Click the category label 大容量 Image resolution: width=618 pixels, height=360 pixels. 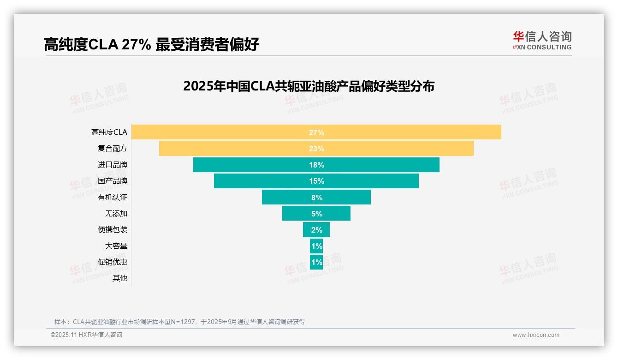pyautogui.click(x=116, y=246)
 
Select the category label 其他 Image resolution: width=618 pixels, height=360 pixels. pyautogui.click(x=119, y=278)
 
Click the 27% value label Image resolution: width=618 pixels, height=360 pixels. pyautogui.click(x=316, y=132)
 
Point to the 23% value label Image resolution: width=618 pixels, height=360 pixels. pyautogui.click(x=316, y=149)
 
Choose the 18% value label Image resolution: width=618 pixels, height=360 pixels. pyautogui.click(x=316, y=165)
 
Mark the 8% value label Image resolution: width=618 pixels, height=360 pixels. pyautogui.click(x=316, y=198)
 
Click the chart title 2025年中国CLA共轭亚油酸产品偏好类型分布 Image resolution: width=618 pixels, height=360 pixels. pyautogui.click(x=309, y=86)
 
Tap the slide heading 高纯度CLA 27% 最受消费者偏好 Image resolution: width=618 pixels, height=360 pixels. pyautogui.click(x=151, y=44)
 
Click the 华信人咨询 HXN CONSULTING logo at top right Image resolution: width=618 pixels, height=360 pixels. pyautogui.click(x=542, y=41)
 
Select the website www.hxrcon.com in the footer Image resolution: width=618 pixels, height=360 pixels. pyautogui.click(x=535, y=335)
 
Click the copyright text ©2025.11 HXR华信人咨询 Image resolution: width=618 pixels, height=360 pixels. pyautogui.click(x=86, y=335)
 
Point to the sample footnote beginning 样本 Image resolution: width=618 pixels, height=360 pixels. pyautogui.click(x=179, y=322)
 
